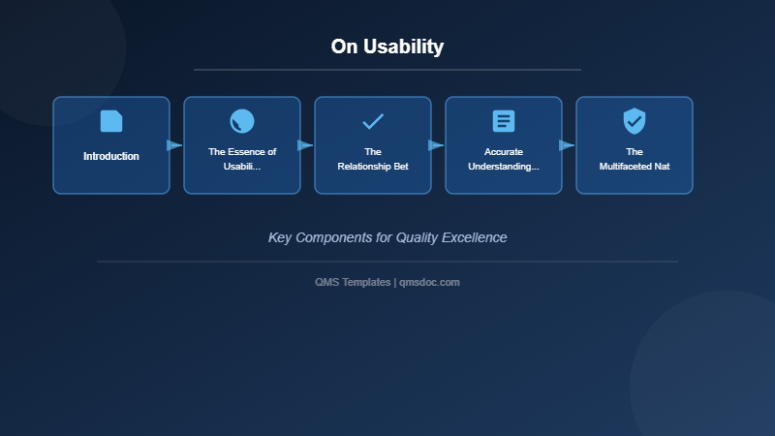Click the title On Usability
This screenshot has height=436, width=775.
tap(387, 47)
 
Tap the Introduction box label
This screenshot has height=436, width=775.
tap(111, 156)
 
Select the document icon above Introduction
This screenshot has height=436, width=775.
tap(111, 121)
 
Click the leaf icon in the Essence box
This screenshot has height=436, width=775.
tap(242, 121)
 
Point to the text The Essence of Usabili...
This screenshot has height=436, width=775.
tap(242, 159)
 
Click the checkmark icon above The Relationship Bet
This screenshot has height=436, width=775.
tap(373, 121)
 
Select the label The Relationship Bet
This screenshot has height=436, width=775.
tap(373, 159)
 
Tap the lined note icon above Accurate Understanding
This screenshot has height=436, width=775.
tap(504, 121)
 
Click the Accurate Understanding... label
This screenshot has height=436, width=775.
tap(504, 159)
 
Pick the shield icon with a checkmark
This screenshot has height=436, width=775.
tap(635, 121)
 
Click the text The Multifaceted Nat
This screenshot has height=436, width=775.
tap(635, 159)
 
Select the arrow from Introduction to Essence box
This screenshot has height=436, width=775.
tap(174, 145)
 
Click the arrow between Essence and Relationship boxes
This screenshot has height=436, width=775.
tap(305, 145)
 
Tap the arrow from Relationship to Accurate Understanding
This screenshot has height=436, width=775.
tap(436, 145)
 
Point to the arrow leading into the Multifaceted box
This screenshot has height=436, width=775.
tap(567, 145)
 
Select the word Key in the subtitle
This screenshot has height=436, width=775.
tap(280, 237)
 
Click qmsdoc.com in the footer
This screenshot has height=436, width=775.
tap(429, 282)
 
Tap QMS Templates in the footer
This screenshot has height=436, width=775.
tap(353, 282)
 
